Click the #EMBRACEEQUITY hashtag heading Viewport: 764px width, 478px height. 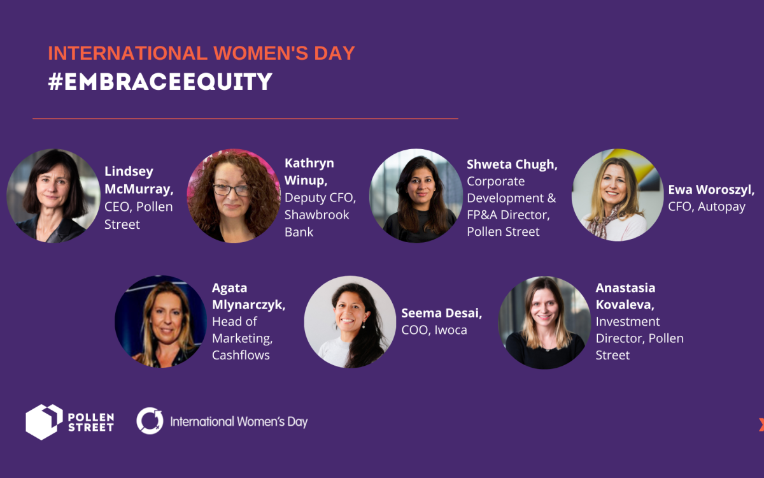[160, 82]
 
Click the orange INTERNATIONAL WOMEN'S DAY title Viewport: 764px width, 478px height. [201, 53]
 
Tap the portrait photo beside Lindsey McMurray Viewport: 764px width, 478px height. [53, 196]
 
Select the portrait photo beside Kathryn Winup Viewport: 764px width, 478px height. [234, 196]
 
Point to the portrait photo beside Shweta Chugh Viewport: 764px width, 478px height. [416, 196]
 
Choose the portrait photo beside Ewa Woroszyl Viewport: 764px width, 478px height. [618, 195]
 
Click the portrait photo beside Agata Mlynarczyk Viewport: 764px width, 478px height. [160, 322]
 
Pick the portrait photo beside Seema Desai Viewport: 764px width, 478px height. [350, 322]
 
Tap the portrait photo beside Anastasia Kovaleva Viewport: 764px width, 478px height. [544, 322]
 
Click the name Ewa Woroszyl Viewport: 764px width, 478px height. [711, 189]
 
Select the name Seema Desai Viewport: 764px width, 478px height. [441, 313]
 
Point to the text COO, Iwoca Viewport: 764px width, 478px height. [434, 330]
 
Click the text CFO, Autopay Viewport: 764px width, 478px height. [706, 206]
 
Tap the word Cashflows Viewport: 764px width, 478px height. [241, 355]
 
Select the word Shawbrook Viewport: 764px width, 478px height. [317, 215]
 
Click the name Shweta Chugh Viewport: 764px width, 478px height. [512, 164]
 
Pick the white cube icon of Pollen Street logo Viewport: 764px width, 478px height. [44, 422]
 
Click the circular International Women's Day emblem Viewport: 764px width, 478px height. [150, 421]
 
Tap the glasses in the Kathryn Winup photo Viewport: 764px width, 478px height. [231, 190]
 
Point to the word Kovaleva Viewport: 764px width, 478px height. [625, 305]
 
